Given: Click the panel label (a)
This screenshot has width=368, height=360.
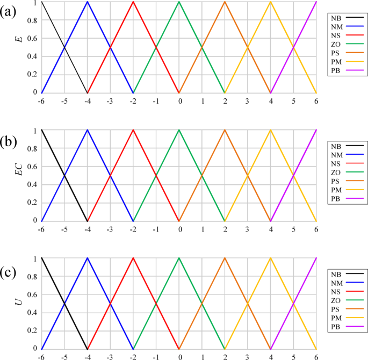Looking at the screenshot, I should pos(10,10).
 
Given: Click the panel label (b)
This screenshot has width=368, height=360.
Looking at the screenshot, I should pos(10,142).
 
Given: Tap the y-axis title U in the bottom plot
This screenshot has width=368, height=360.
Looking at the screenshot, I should pos(20,303).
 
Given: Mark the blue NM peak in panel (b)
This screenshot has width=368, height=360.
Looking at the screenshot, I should pos(87,130).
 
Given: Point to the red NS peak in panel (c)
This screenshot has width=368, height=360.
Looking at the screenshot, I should pos(133,258).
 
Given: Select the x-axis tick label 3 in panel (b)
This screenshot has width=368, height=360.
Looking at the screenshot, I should pos(248,229).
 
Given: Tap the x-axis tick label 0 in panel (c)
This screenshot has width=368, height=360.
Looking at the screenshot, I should pos(179,356).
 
